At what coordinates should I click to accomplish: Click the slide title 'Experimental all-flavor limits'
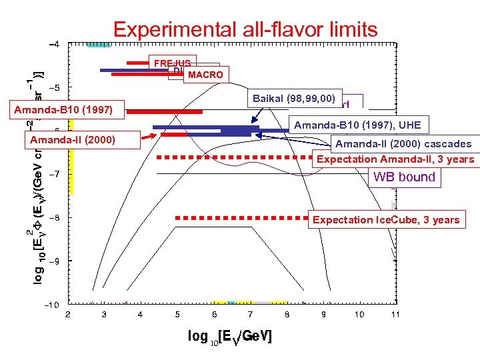pos(245,29)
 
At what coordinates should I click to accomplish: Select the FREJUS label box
pos(172,63)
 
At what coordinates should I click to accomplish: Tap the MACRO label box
pos(205,75)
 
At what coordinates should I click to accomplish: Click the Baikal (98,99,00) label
pos(293,99)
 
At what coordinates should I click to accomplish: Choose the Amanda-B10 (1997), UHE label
pos(357,125)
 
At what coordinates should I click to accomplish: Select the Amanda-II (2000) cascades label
pos(403,144)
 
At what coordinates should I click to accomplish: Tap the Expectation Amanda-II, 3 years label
pos(395,159)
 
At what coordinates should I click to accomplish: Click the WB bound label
pos(404,177)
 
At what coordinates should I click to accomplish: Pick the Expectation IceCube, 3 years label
pos(386,219)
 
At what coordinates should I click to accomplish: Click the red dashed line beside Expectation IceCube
pos(240,217)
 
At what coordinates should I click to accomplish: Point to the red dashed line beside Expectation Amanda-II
pos(233,158)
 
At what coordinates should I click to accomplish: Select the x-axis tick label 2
pos(67,314)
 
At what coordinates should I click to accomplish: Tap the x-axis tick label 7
pos(249,314)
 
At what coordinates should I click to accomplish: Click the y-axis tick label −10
pos(51,305)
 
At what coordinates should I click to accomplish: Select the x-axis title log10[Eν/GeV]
pos(230,337)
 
